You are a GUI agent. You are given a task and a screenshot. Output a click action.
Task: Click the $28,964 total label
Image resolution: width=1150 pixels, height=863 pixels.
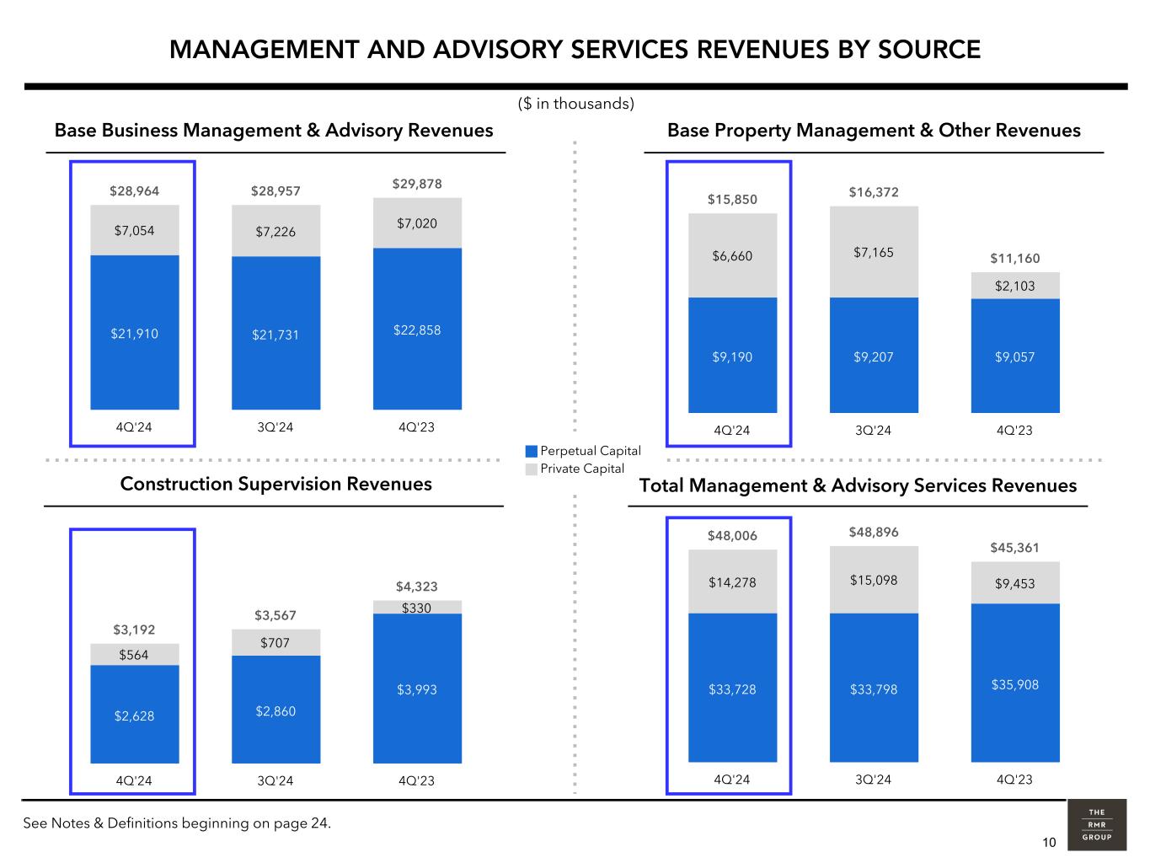[134, 191]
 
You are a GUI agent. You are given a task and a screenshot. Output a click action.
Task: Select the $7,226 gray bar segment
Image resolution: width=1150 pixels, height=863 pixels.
[275, 231]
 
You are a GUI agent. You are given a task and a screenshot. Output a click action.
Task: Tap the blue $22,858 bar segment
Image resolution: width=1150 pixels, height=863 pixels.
[417, 330]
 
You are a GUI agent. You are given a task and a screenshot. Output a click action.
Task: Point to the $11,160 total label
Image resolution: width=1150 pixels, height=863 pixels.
[1015, 259]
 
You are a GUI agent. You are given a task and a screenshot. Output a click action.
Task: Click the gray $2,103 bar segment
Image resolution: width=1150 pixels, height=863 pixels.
[1015, 286]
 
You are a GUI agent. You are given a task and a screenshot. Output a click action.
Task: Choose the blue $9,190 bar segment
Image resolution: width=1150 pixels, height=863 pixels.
[732, 356]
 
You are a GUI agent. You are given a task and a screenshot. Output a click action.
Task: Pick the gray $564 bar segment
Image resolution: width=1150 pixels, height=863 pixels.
[134, 655]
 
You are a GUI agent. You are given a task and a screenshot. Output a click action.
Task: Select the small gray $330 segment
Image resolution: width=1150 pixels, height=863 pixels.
[417, 607]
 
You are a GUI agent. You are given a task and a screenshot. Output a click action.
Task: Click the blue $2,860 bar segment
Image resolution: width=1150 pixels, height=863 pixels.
[275, 710]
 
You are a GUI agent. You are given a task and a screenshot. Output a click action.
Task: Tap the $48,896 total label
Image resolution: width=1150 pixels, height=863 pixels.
[874, 533]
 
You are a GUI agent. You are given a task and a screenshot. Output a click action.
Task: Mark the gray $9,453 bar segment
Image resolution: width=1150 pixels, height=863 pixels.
[1015, 583]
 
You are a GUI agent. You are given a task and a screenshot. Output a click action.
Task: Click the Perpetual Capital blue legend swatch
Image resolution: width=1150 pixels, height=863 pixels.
[531, 452]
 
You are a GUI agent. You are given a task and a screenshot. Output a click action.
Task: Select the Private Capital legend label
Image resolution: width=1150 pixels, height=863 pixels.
[582, 469]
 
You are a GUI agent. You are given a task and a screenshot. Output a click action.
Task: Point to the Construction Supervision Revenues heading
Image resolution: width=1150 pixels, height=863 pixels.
[275, 484]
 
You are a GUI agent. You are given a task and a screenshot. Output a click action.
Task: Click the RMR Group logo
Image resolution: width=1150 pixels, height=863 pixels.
[1096, 825]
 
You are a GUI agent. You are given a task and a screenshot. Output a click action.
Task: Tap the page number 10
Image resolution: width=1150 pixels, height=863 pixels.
[1049, 843]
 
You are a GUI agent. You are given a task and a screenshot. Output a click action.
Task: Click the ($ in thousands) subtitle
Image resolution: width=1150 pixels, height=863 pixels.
[575, 104]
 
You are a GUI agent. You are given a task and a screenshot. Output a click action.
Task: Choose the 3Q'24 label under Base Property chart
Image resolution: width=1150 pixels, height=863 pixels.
[873, 431]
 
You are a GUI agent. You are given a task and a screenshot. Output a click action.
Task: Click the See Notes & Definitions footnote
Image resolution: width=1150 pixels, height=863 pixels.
[177, 823]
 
